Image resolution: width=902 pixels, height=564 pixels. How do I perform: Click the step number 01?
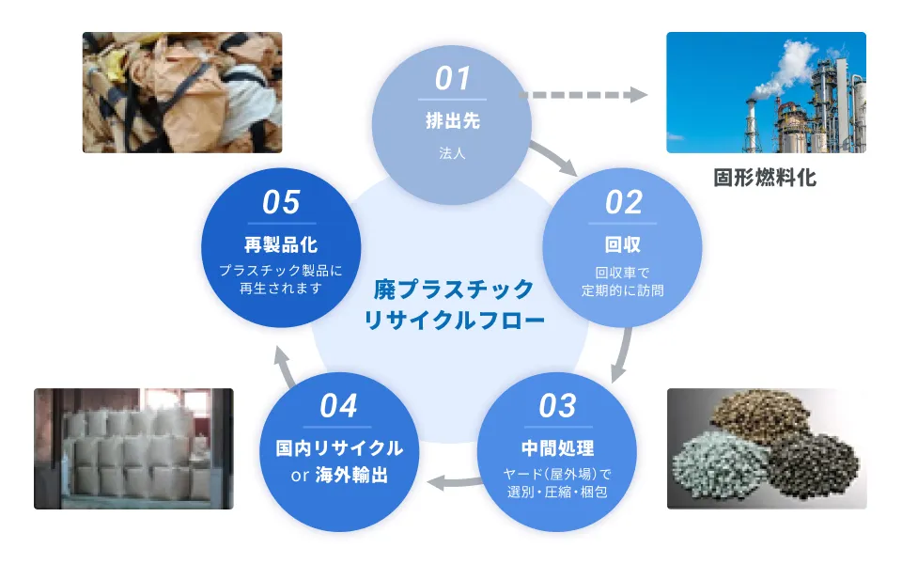point(452,78)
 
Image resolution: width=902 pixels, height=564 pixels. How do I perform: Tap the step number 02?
point(623,202)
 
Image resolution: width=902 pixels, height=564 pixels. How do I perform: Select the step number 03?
point(557,406)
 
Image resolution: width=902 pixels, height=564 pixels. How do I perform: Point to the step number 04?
point(338,406)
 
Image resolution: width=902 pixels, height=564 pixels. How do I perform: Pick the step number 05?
point(281,202)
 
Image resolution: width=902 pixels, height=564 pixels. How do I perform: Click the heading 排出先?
point(452,121)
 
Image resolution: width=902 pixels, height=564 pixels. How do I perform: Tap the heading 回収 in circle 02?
point(623,245)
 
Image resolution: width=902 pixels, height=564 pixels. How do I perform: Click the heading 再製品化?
point(281,245)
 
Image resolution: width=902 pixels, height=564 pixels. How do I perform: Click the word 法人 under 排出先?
point(452,152)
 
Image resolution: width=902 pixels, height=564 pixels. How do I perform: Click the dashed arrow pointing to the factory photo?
point(583,95)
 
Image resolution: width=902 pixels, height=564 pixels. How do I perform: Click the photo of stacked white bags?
point(133,448)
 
